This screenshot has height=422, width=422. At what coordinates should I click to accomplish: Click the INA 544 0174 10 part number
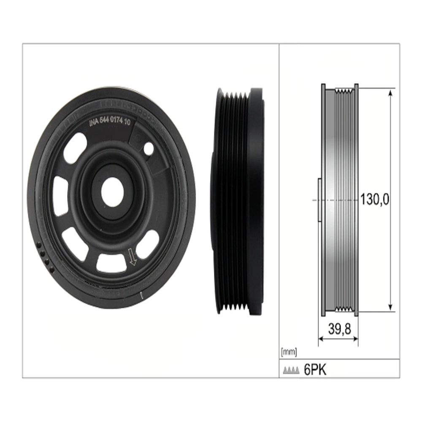pos(110,122)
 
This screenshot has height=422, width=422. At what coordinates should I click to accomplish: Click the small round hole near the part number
pos(149,149)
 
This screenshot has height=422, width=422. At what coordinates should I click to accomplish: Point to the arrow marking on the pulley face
pos(132,257)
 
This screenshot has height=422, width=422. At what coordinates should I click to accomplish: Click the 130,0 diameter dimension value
pos(374,200)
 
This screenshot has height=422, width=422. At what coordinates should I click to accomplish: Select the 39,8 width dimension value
pos(339,329)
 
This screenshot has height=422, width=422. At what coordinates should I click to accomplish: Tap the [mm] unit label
pos(289,352)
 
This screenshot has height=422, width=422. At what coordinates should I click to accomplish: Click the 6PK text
pos(315,370)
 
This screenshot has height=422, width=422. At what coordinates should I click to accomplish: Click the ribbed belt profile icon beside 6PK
pos(291,371)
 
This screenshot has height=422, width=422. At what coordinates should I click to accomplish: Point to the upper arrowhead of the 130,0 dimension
pos(391,93)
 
